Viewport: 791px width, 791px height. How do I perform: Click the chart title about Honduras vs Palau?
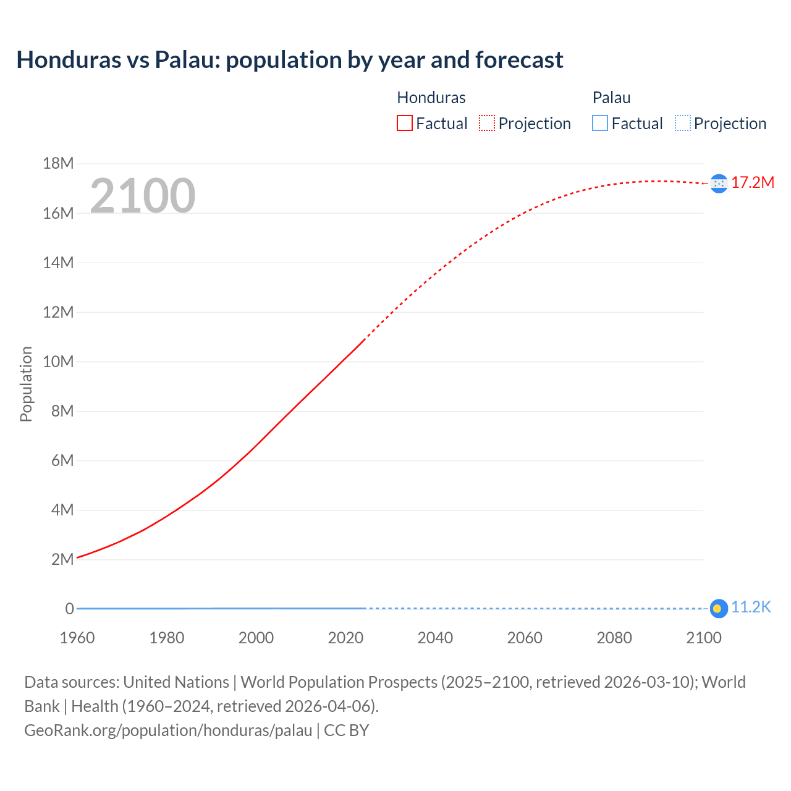point(290,60)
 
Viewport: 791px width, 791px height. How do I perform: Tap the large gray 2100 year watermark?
point(143,196)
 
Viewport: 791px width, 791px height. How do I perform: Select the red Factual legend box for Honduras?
point(404,123)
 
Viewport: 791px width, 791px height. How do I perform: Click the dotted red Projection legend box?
point(487,123)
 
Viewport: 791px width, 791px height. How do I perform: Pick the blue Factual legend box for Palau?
point(599,123)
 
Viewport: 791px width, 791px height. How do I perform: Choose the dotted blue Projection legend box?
point(683,123)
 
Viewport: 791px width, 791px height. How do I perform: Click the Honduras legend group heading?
point(431,98)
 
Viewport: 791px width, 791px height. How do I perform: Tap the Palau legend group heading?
point(611,98)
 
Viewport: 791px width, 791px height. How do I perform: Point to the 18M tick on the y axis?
point(58,163)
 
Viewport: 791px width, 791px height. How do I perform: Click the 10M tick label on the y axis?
point(58,362)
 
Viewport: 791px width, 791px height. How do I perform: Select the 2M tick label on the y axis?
point(62,559)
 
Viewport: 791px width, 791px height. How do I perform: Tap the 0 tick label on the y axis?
point(69,609)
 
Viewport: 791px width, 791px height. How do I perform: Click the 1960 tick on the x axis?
point(77,638)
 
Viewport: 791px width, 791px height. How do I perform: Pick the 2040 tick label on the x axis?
point(435,638)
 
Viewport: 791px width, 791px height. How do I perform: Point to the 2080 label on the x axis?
point(614,638)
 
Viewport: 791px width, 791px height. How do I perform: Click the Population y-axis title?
point(26,384)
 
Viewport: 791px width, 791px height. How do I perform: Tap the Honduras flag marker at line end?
point(719,184)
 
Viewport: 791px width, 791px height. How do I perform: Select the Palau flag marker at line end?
point(718,609)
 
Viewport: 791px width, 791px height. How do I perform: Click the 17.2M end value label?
point(753,182)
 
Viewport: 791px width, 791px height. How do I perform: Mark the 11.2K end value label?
point(751,607)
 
